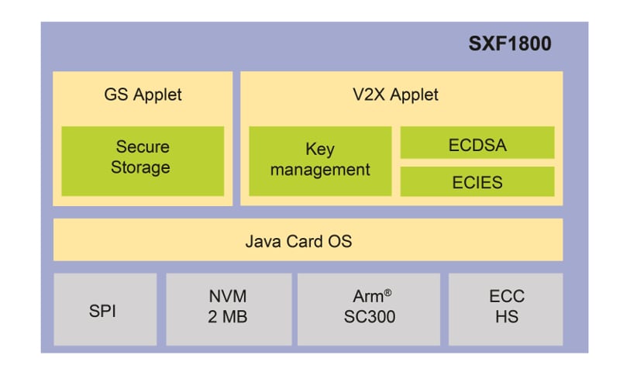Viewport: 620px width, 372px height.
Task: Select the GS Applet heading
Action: (x=143, y=95)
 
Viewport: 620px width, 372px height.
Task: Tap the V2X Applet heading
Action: (x=401, y=95)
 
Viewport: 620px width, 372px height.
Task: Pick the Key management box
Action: (x=320, y=160)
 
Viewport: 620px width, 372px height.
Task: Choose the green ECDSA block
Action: (x=477, y=143)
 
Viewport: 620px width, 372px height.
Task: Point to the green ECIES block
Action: (x=477, y=182)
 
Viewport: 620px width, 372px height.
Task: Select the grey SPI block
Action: (x=105, y=308)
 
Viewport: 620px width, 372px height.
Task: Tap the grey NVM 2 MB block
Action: (x=229, y=308)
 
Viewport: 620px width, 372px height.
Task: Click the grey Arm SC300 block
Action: (x=369, y=308)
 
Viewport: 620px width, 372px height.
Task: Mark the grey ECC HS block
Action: (x=507, y=308)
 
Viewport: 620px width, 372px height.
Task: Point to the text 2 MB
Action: (x=229, y=318)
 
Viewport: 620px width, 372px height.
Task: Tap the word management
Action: (x=320, y=170)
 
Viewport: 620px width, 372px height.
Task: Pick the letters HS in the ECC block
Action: (x=507, y=318)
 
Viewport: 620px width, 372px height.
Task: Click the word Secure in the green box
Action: (x=143, y=146)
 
